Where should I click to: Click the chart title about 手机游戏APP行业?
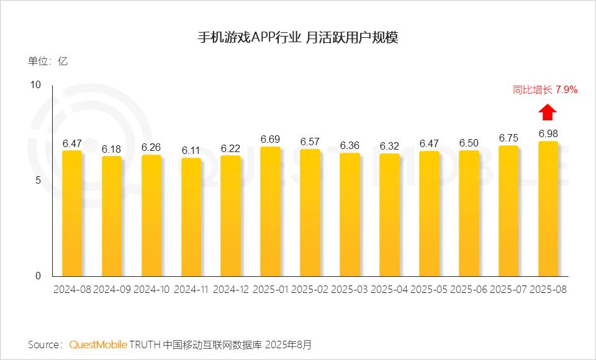297,37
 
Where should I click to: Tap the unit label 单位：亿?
47,61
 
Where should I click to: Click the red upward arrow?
547,112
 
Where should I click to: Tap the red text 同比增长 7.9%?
545,90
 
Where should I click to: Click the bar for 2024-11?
191,217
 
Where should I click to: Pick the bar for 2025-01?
270,212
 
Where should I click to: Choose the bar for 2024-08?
72,214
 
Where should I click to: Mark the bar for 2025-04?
389,215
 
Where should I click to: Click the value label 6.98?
548,133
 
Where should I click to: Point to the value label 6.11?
191,150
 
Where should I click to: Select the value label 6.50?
469,143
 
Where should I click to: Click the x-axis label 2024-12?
230,290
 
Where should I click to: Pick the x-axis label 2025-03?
350,290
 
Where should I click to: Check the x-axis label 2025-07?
508,290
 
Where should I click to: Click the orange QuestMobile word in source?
98,344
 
